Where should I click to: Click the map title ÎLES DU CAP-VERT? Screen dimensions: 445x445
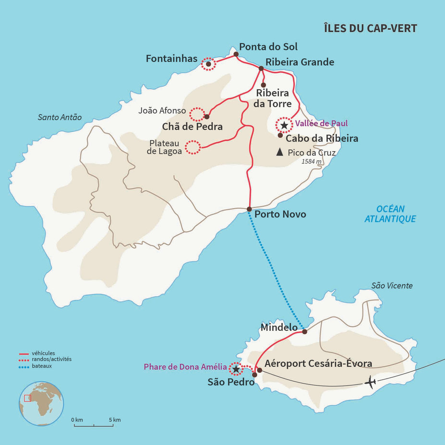pos(371,28)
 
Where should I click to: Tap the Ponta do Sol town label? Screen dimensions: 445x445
pos(268,47)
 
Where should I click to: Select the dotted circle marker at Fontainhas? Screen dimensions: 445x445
pos(208,64)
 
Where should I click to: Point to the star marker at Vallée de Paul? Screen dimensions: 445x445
pos(284,125)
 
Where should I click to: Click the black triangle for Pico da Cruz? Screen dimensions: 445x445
pos(279,152)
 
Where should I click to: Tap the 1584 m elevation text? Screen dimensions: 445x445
pos(311,161)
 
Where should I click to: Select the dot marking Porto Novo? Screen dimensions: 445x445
pos(249,209)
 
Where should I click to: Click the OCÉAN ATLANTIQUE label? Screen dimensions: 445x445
pos(390,214)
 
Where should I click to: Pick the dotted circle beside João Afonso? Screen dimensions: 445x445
pos(197,114)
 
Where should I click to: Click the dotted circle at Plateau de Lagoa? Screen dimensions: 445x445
pos(193,147)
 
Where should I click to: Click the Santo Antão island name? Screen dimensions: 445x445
pos(60,117)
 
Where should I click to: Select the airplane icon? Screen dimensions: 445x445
pos(370,383)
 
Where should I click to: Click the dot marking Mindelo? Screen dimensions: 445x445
pos(304,331)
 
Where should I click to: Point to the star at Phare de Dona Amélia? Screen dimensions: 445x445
pos(235,369)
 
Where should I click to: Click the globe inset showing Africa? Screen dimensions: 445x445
pos(41,403)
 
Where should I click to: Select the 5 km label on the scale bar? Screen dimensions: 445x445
pos(114,420)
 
